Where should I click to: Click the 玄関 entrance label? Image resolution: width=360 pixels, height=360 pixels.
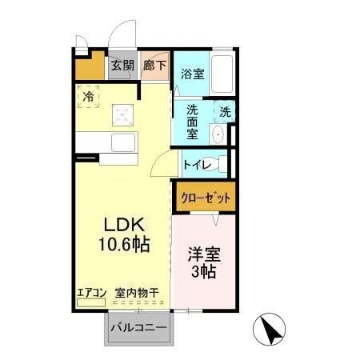(x=122, y=66)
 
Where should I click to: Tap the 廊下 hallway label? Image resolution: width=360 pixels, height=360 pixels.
(x=155, y=66)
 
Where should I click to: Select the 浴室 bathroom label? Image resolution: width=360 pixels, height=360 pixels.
(x=192, y=74)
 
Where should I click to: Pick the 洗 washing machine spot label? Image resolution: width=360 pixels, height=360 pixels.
(x=226, y=113)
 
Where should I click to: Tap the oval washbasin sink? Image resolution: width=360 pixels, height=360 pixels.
(x=217, y=134)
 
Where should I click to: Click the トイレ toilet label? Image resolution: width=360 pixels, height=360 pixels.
(x=198, y=166)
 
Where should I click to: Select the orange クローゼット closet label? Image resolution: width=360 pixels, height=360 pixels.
(x=205, y=198)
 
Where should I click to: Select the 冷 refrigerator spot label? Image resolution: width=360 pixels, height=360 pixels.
(x=88, y=97)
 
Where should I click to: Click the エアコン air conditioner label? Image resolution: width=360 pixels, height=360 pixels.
(x=92, y=292)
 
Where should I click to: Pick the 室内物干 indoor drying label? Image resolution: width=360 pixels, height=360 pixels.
(x=136, y=292)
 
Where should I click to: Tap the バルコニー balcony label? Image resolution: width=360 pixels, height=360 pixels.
(x=138, y=328)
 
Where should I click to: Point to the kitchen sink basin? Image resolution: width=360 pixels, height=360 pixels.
(x=126, y=144)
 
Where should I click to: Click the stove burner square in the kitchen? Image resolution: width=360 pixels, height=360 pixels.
(x=123, y=114)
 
